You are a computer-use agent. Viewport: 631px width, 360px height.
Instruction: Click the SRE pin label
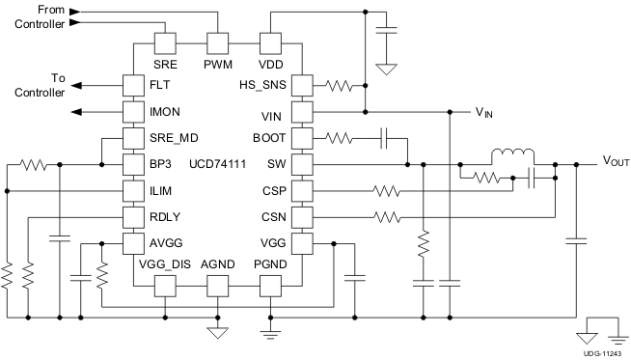click(166, 64)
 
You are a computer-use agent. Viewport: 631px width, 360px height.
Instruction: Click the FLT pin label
click(160, 86)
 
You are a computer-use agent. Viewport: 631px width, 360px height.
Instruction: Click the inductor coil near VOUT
click(512, 155)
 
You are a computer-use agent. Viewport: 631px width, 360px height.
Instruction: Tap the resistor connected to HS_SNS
click(341, 86)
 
